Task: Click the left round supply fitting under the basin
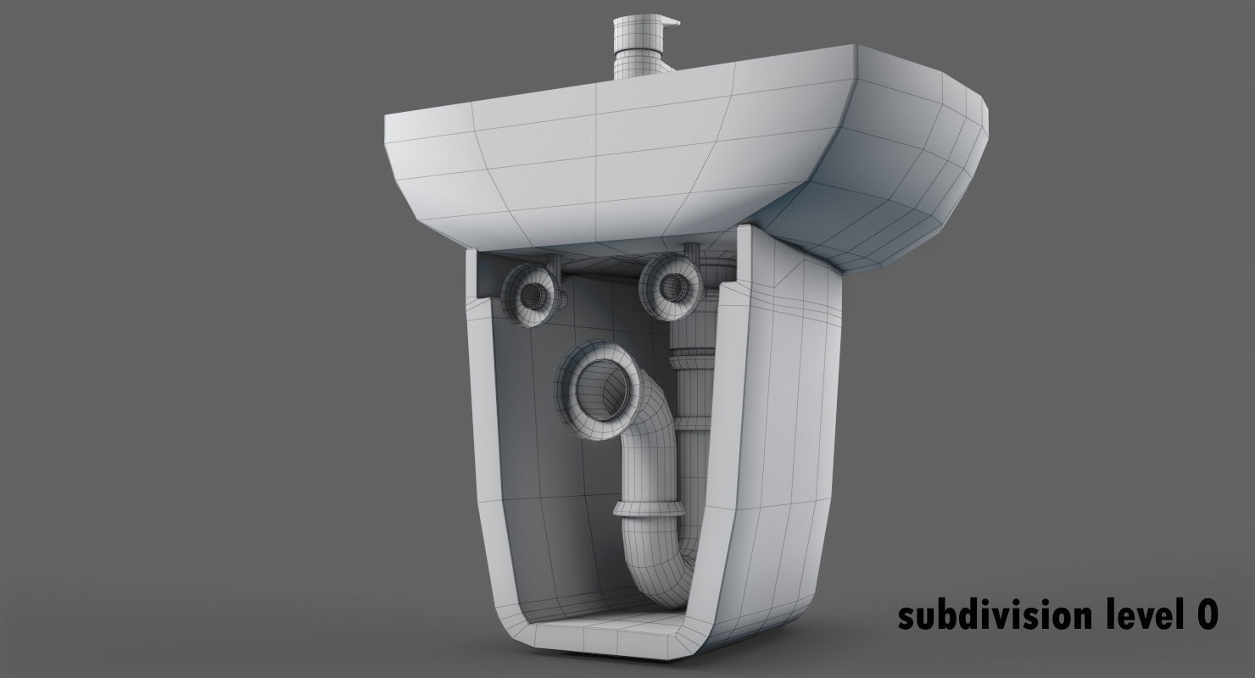click(x=533, y=293)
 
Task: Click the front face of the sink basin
click(x=594, y=161)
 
